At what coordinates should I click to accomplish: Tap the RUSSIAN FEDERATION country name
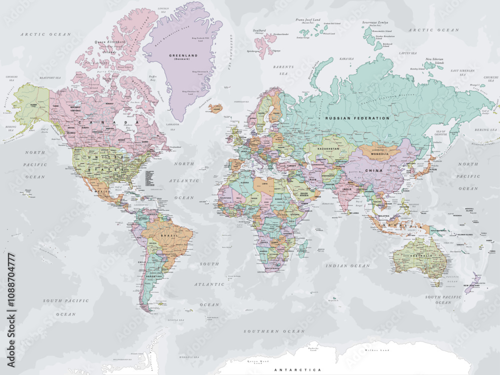tap(357, 118)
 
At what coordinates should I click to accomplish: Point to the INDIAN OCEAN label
tap(347, 266)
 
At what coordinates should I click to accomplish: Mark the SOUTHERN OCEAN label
tap(273, 331)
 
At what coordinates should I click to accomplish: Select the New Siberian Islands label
tap(434, 62)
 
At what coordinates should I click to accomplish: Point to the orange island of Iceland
tap(215, 108)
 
